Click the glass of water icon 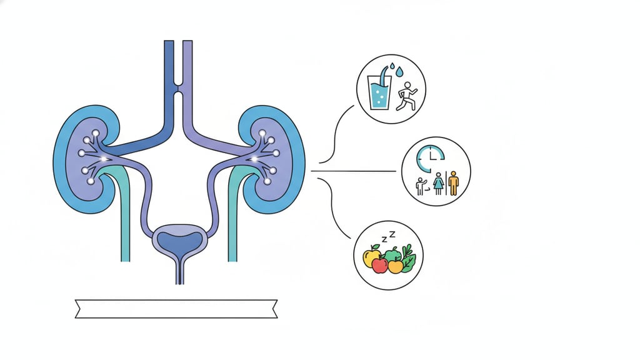(379, 92)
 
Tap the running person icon (406, 96)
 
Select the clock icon (430, 158)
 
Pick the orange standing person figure (454, 184)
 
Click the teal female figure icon (439, 184)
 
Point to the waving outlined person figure (421, 186)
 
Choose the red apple (379, 265)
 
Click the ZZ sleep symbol (388, 236)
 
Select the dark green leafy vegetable (408, 259)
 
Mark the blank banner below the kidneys (176, 309)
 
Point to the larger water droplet (399, 72)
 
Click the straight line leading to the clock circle (354, 171)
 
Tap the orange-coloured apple (395, 266)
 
